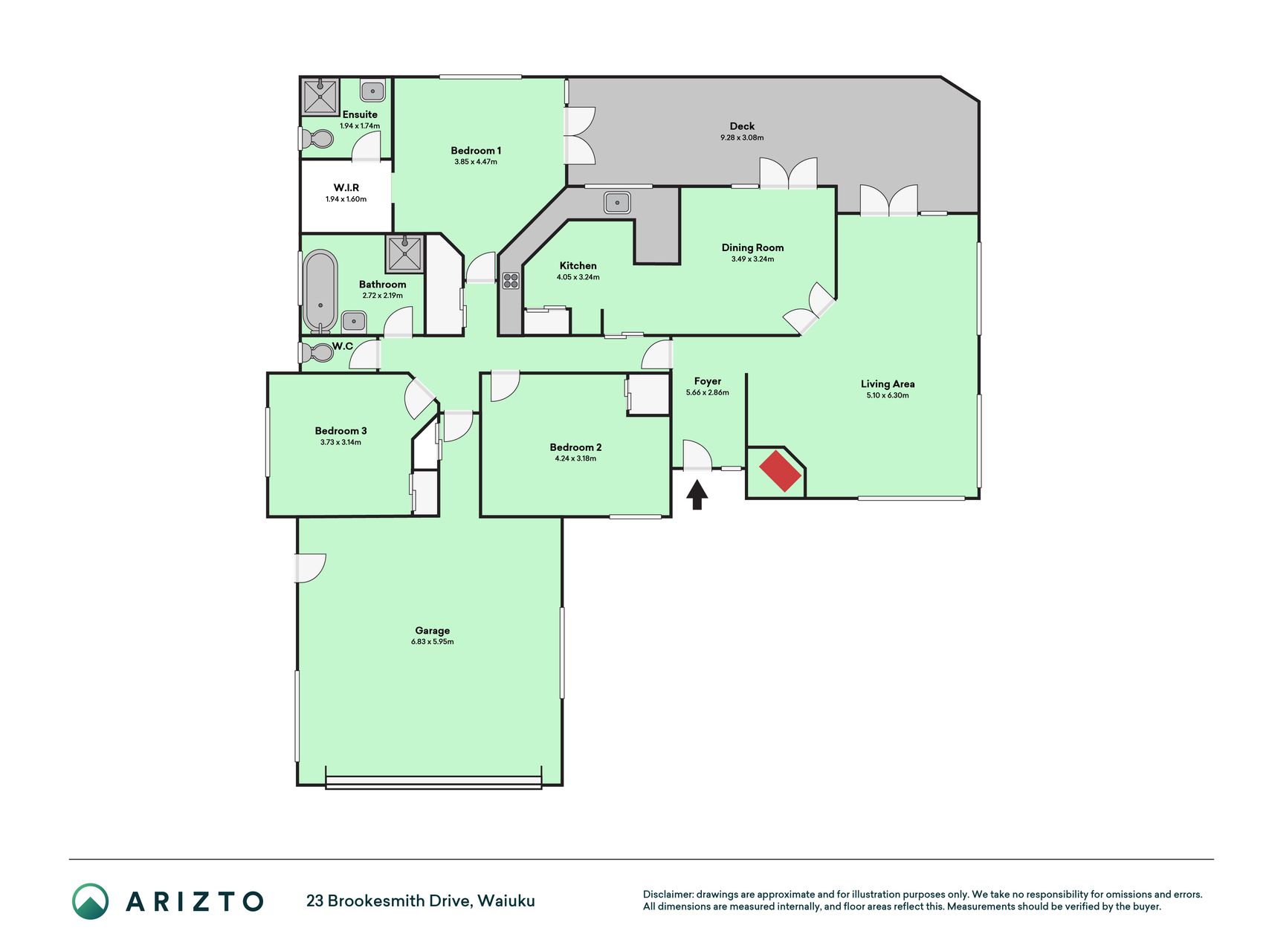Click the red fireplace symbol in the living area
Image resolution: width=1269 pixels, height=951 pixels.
click(780, 470)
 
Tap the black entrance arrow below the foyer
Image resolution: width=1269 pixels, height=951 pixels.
click(697, 495)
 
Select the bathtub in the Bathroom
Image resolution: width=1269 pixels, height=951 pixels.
click(320, 291)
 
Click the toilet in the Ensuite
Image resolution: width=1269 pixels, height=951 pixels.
click(317, 138)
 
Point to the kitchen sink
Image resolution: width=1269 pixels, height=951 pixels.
click(617, 202)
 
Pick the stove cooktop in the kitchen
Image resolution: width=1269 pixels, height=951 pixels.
click(511, 280)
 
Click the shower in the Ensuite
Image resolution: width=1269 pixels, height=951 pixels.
click(320, 96)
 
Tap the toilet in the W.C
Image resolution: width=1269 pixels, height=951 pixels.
click(317, 352)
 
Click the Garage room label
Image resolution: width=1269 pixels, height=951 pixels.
click(432, 631)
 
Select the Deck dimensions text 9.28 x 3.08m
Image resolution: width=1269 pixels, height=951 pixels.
click(742, 137)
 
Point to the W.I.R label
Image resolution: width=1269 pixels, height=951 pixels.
click(346, 188)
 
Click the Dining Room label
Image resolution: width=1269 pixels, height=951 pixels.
click(752, 247)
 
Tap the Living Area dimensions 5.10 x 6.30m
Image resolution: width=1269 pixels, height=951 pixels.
click(888, 395)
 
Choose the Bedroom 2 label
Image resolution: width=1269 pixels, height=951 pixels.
click(575, 447)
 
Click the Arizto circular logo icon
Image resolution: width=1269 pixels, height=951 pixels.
click(91, 901)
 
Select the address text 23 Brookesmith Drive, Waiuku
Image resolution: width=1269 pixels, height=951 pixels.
click(421, 901)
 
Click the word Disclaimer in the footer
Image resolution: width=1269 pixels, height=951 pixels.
click(668, 895)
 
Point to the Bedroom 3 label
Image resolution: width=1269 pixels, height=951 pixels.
click(340, 431)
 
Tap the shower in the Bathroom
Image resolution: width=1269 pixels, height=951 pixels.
click(404, 254)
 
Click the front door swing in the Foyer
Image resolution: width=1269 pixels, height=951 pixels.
click(697, 455)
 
